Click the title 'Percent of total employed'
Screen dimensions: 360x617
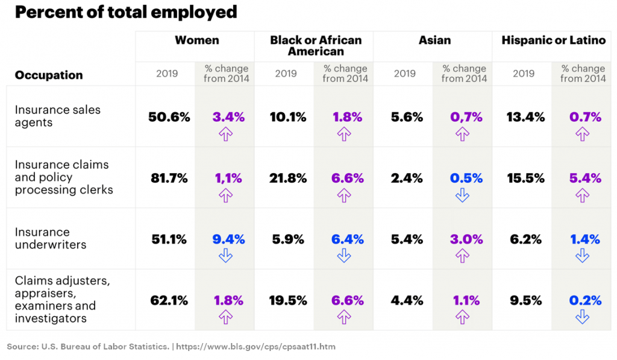(126, 12)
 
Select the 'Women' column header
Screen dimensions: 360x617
(196, 41)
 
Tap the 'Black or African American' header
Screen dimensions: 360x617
(316, 46)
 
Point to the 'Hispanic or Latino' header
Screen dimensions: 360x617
(553, 41)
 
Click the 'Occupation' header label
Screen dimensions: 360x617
(49, 75)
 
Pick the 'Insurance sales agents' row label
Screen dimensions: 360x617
(58, 116)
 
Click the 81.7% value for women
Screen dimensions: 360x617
(169, 178)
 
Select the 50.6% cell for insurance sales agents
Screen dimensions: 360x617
(169, 118)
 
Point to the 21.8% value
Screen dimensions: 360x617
(287, 178)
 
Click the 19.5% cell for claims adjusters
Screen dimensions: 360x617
(287, 300)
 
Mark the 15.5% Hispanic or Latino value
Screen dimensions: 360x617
(525, 178)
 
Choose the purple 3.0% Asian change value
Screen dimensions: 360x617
(466, 240)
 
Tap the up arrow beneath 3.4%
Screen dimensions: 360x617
(225, 133)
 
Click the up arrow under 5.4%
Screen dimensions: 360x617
(582, 195)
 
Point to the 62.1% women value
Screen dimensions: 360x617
(169, 300)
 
